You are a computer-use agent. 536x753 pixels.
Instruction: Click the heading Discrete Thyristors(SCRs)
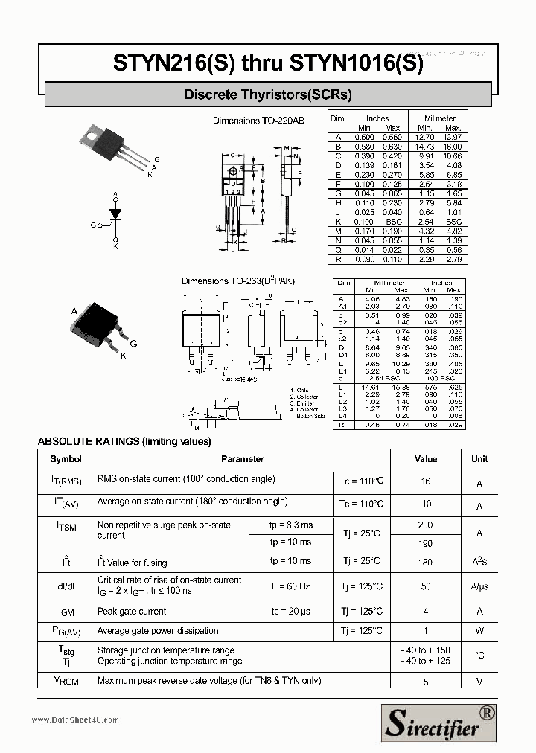point(268,94)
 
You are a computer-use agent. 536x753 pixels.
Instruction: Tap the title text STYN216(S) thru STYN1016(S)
point(268,63)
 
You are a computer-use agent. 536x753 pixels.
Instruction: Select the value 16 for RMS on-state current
point(426,481)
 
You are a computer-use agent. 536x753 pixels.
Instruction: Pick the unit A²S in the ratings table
point(479,562)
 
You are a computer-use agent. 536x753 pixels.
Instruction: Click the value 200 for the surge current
point(426,525)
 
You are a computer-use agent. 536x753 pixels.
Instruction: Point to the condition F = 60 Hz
point(290,586)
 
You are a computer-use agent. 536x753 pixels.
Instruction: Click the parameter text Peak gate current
point(132,612)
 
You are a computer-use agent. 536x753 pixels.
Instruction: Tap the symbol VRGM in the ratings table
point(66,680)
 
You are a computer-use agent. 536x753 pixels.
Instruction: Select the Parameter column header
point(243,459)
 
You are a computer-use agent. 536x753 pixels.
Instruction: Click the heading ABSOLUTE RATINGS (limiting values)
point(124,441)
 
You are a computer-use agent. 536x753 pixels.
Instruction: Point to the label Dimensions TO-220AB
point(258,120)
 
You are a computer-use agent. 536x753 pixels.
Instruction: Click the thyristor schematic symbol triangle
point(115,214)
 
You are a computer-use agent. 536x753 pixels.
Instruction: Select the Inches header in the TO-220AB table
point(377,118)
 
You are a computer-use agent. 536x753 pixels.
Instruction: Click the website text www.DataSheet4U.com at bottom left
point(75,720)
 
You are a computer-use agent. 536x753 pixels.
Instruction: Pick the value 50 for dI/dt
point(426,586)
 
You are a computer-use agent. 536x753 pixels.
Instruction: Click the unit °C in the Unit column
point(479,656)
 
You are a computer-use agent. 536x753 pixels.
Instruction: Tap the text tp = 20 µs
point(290,612)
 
